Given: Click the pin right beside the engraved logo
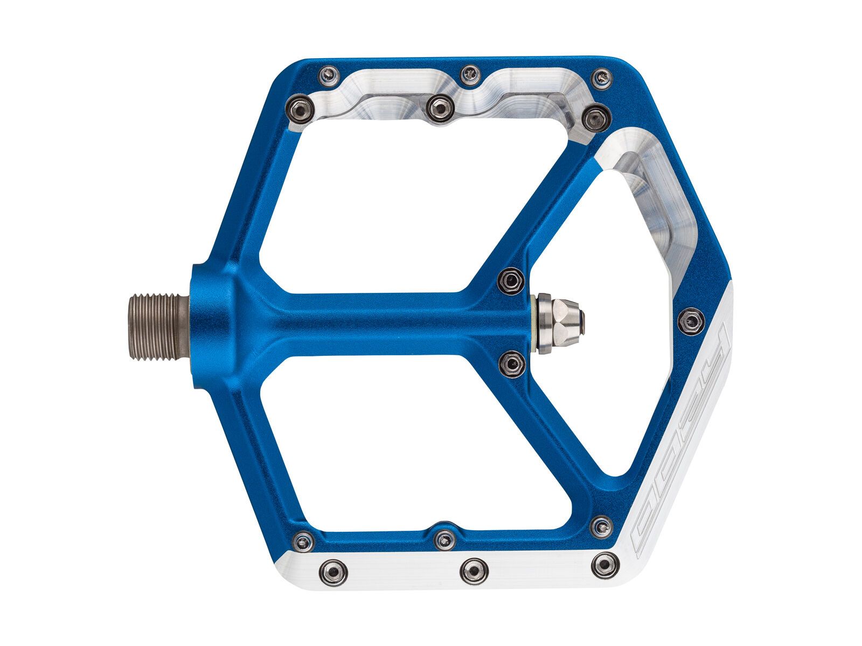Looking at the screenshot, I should point(692,321).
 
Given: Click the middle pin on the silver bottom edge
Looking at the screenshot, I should point(474,571).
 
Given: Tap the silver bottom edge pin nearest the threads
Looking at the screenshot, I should point(333,572).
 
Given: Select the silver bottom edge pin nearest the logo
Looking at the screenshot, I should point(603,565).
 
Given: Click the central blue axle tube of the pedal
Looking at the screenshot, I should point(377,323).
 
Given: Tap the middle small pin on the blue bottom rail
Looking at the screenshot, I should point(444,539).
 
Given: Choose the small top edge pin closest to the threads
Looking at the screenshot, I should point(329,76).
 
